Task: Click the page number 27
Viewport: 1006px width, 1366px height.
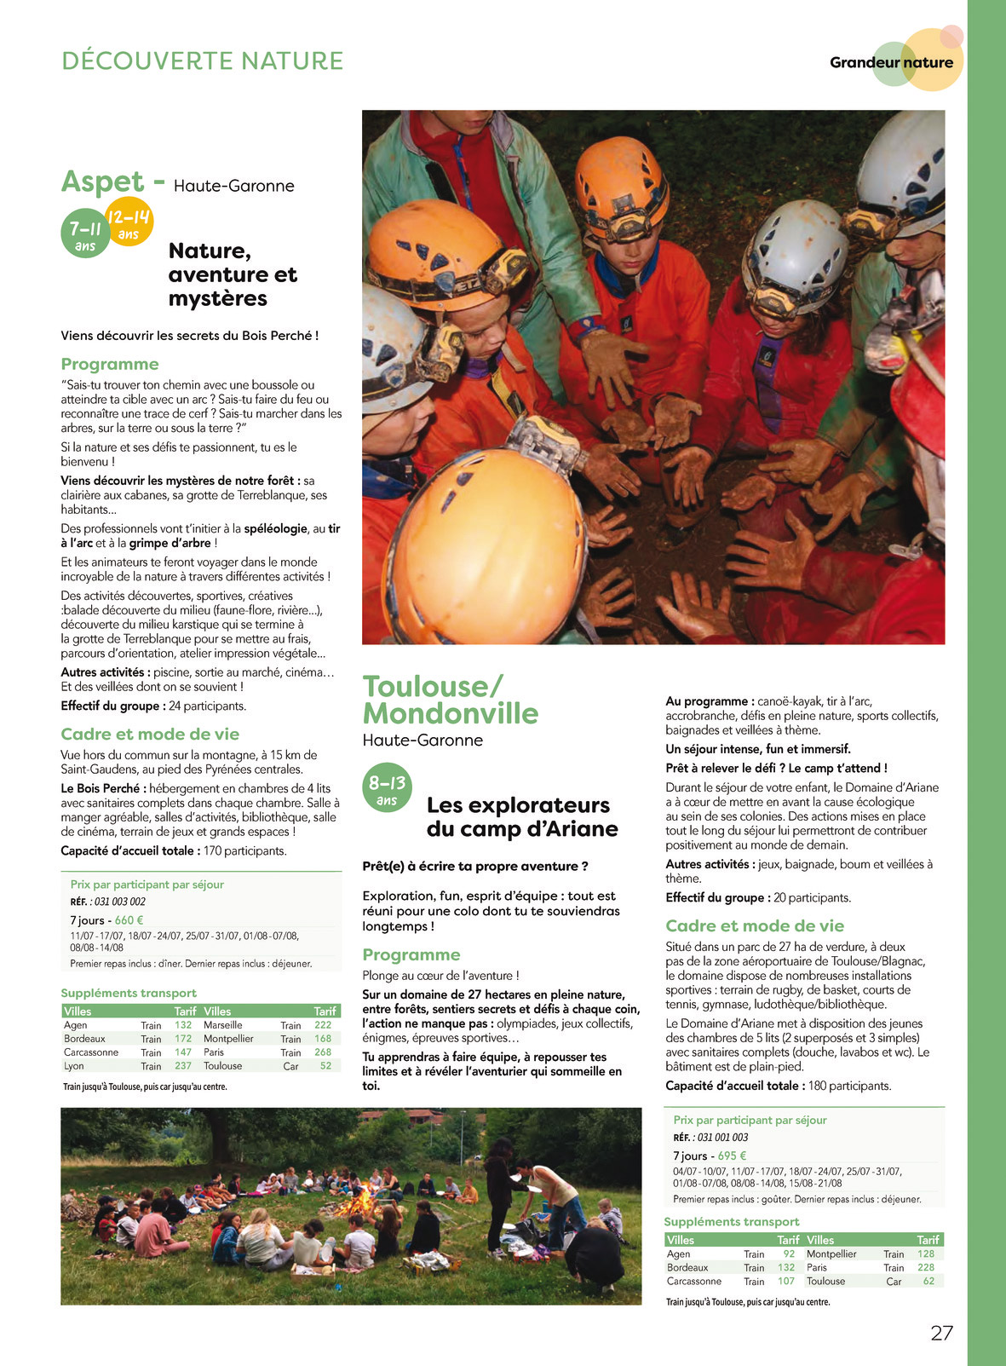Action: click(x=941, y=1334)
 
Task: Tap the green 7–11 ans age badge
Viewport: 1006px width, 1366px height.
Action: click(x=85, y=233)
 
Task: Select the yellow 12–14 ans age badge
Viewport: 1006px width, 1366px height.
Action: click(x=129, y=222)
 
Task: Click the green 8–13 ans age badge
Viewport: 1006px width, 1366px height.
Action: click(x=387, y=787)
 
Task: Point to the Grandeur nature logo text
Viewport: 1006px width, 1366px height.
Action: click(x=891, y=62)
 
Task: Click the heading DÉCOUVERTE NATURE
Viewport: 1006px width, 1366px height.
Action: click(x=203, y=61)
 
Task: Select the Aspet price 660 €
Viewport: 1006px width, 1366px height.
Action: click(x=129, y=920)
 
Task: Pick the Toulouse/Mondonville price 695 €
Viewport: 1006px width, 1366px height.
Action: click(x=732, y=1156)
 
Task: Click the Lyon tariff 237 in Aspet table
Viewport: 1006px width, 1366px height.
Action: click(x=183, y=1066)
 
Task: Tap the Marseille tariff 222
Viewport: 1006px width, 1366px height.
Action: click(x=323, y=1025)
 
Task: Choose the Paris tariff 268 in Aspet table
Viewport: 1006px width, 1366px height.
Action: click(x=323, y=1052)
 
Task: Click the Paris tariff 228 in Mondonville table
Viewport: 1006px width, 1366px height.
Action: click(x=926, y=1267)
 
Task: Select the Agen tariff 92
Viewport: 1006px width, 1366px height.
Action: click(x=789, y=1254)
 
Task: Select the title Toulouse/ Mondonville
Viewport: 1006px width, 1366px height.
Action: click(x=451, y=700)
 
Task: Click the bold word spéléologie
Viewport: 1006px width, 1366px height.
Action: click(x=275, y=528)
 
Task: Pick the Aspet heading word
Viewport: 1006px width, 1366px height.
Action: click(x=102, y=182)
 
